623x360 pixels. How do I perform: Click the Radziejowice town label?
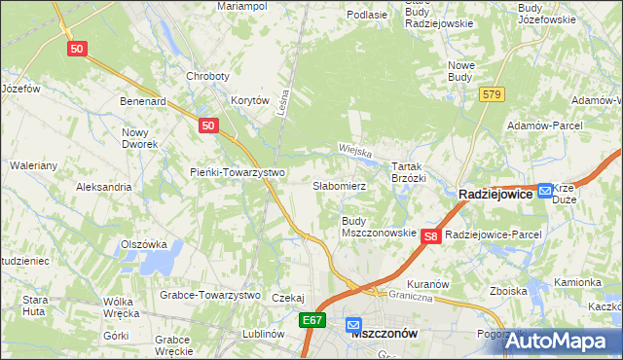pos(496,195)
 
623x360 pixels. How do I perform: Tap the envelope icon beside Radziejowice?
pos(546,191)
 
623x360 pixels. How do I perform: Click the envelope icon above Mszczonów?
pos(353,325)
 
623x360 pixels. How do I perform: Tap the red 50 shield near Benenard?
pos(207,126)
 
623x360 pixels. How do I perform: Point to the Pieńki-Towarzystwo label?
pos(237,173)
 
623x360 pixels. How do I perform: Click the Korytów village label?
pos(249,100)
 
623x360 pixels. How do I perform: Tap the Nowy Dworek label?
pos(140,138)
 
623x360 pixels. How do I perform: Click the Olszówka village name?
pos(144,245)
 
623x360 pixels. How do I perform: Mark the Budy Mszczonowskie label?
pos(379,227)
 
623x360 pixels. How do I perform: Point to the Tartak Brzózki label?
pos(409,172)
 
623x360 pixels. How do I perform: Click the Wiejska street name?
pos(357,150)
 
